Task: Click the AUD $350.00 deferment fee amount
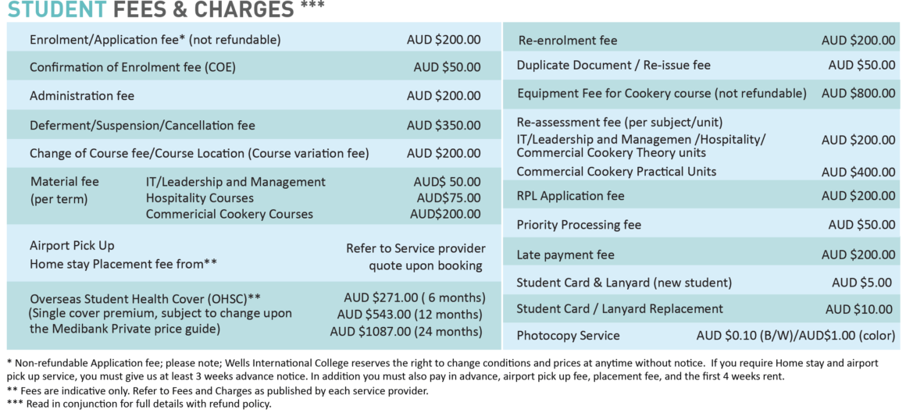click(444, 125)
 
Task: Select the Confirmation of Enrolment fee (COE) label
click(132, 67)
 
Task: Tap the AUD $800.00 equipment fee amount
click(858, 94)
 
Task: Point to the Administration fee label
click(81, 96)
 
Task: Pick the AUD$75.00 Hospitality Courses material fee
click(448, 198)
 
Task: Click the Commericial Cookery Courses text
click(229, 214)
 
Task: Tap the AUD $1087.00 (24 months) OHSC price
click(406, 332)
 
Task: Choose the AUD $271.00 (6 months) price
click(414, 298)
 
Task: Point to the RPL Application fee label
click(570, 196)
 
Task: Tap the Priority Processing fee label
click(579, 225)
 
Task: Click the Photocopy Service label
click(568, 336)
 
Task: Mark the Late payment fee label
click(565, 255)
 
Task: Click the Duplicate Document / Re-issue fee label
click(613, 66)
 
